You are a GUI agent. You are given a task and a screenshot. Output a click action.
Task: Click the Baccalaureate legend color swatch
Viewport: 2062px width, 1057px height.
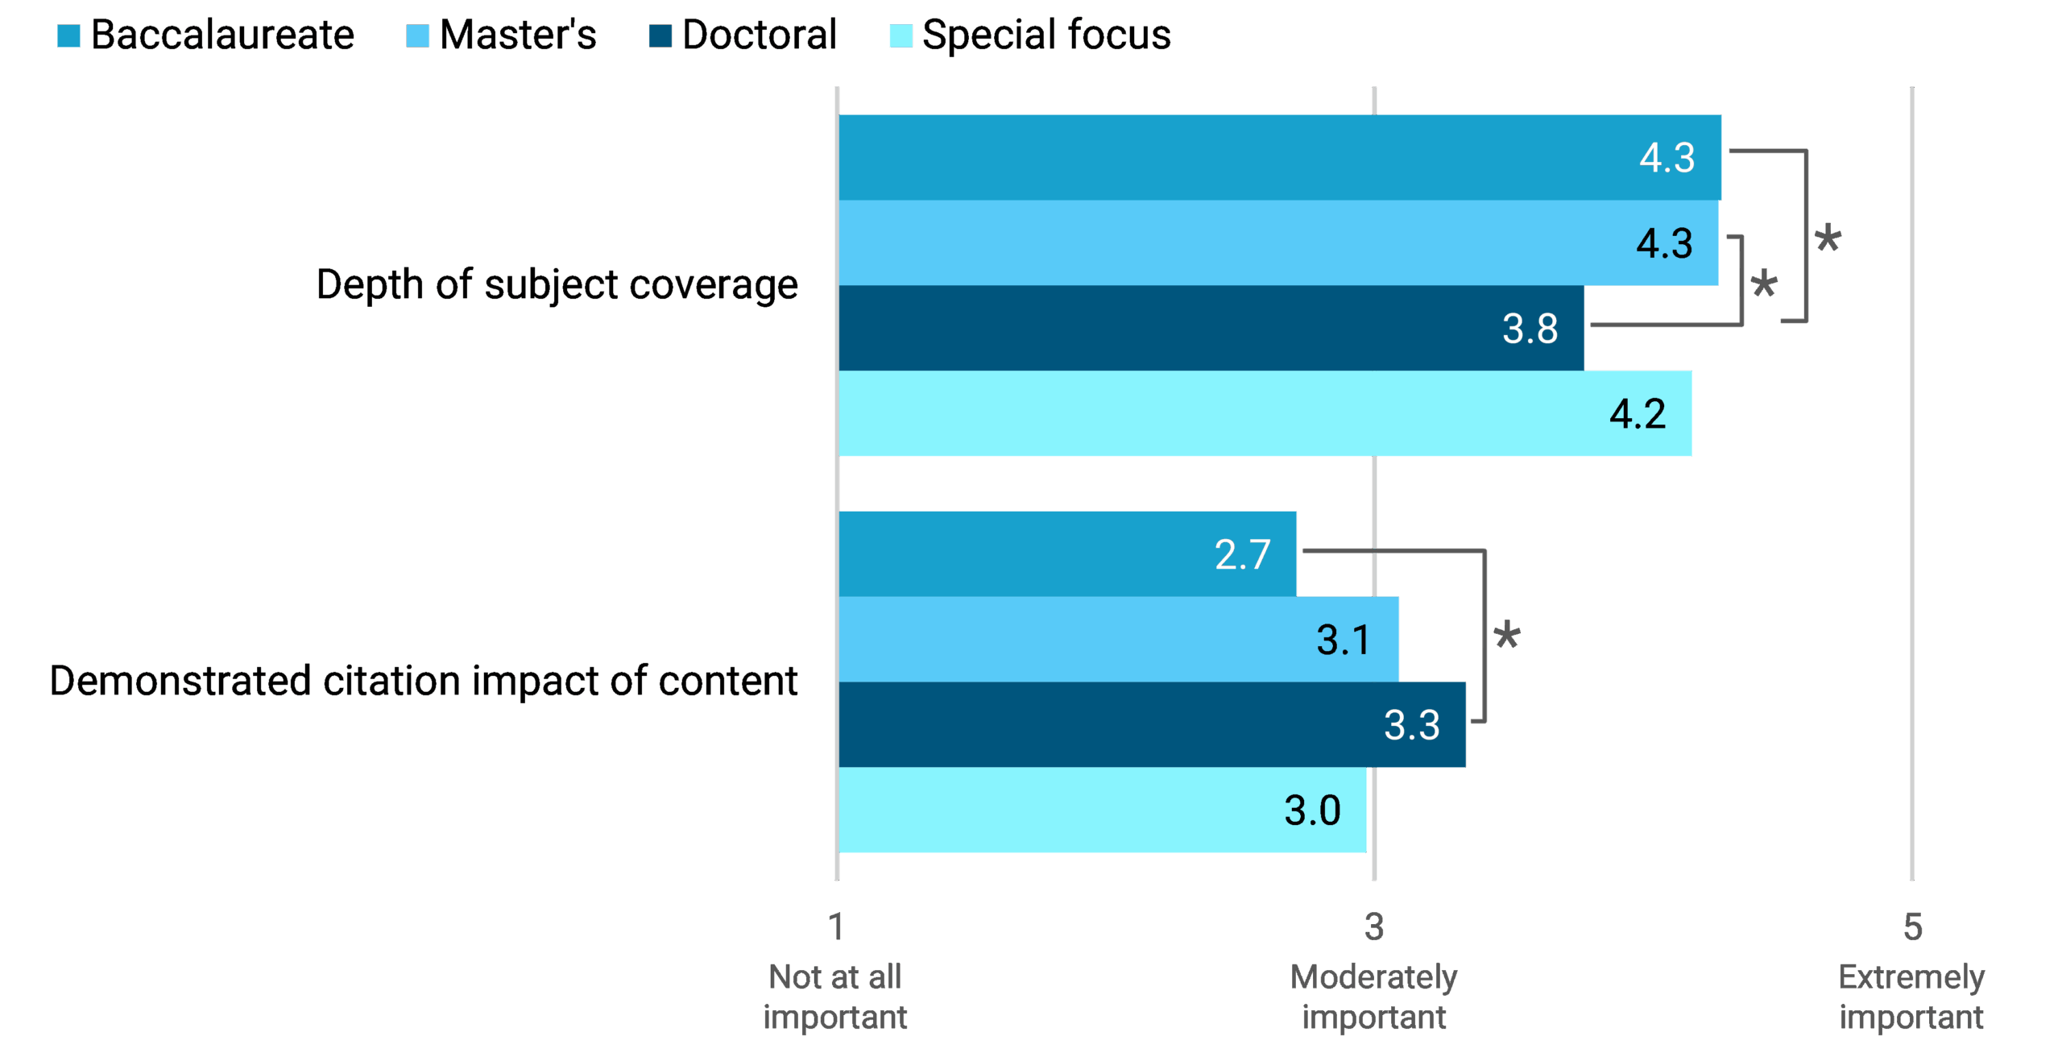point(69,35)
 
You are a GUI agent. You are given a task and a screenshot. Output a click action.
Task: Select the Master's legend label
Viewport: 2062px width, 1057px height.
point(517,35)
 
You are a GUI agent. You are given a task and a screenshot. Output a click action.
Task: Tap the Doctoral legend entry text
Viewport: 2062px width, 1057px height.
point(759,35)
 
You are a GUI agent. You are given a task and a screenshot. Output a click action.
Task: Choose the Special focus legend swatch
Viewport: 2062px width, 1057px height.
point(901,35)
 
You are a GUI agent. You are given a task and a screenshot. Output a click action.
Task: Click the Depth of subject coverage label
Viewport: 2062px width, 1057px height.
point(557,285)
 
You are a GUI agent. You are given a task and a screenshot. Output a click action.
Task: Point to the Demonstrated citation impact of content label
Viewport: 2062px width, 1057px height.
point(424,681)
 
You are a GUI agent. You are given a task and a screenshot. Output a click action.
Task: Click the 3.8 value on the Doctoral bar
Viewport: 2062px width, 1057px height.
point(1530,329)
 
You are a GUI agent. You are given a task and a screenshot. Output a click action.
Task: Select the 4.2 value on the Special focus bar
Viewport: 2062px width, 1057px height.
point(1638,414)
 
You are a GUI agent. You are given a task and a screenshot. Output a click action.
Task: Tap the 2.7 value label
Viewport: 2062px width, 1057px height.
point(1242,554)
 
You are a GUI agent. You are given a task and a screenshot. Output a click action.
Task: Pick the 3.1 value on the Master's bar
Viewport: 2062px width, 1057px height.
point(1344,640)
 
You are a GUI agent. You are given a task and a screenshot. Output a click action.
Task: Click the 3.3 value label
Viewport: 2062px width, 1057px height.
point(1411,725)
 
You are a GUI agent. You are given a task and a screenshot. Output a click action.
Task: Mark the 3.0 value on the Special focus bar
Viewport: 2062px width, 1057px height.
point(1312,810)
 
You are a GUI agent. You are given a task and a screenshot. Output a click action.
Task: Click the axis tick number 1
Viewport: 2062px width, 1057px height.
point(836,927)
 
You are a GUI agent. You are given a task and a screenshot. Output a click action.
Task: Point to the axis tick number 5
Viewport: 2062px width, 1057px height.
point(1912,927)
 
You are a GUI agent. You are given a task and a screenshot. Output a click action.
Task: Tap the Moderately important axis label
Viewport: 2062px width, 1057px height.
point(1374,997)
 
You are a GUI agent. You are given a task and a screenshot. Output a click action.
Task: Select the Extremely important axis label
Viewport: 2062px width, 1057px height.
point(1911,997)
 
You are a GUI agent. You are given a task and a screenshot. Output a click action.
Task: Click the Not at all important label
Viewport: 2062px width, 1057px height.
point(835,997)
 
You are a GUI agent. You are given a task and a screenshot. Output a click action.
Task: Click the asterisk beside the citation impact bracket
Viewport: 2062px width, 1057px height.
point(1507,636)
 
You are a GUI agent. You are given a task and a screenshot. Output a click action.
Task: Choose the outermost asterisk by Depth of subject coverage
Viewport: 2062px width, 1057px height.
point(1828,238)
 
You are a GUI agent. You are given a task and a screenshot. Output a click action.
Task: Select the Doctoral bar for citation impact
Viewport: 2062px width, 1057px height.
point(1128,725)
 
